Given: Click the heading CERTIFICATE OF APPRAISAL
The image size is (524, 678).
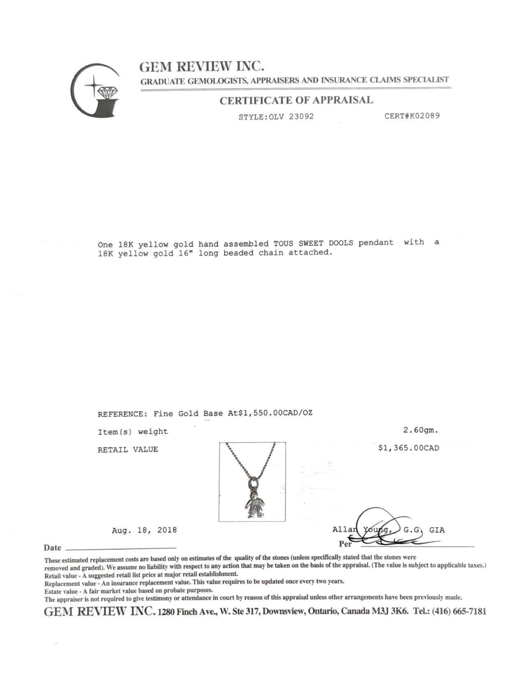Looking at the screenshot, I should coord(296,100).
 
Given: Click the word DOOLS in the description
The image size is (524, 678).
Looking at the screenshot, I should coord(341,243).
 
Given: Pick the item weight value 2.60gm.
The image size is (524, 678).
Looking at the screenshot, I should coord(421,431).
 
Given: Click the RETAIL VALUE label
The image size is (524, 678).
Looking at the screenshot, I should coord(128,450).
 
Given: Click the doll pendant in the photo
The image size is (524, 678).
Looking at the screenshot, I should coord(254,503).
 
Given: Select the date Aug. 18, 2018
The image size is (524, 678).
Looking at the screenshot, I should coord(144,530).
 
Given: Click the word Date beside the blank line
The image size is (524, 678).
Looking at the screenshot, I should coord(52,548).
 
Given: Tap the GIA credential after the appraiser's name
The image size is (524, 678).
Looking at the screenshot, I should coord(436,530).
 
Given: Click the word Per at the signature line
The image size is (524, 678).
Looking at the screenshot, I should coord(345,544).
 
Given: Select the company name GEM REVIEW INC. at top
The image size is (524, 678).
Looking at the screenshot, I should coord(201,66).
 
